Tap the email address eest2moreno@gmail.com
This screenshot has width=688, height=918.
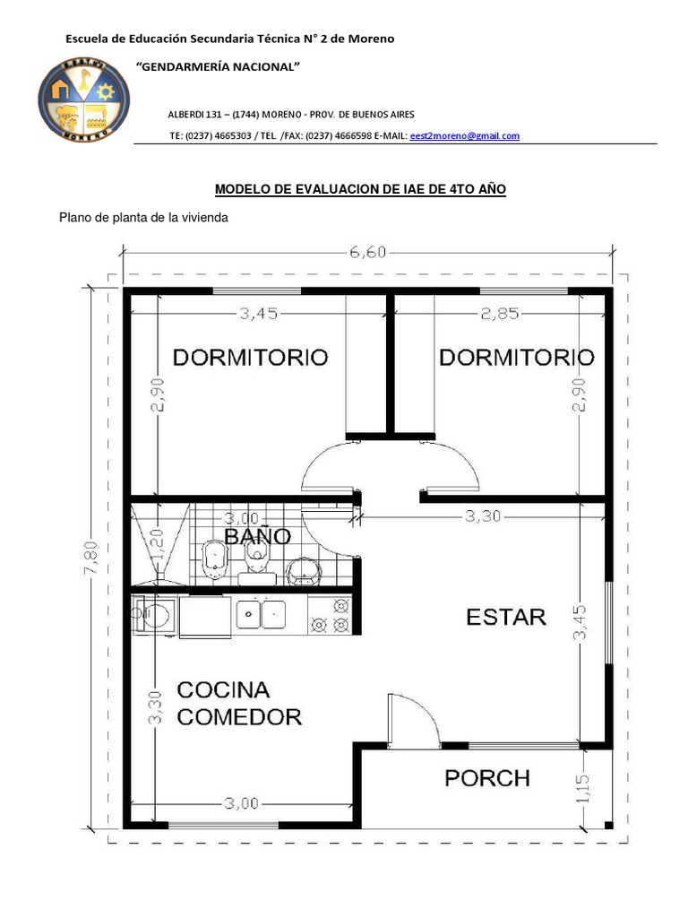(x=464, y=136)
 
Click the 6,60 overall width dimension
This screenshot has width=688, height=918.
(x=367, y=252)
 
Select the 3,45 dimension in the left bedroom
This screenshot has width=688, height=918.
(x=258, y=313)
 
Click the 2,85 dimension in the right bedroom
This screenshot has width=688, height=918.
(x=499, y=313)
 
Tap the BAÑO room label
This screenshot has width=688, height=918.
(x=257, y=536)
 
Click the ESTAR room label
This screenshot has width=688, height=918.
(x=505, y=617)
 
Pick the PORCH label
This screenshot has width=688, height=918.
(x=487, y=777)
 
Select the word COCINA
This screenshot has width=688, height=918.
(x=223, y=690)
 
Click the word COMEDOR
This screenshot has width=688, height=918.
(x=239, y=717)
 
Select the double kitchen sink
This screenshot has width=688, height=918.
(x=261, y=614)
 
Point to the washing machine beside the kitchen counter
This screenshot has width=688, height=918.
(x=154, y=616)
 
